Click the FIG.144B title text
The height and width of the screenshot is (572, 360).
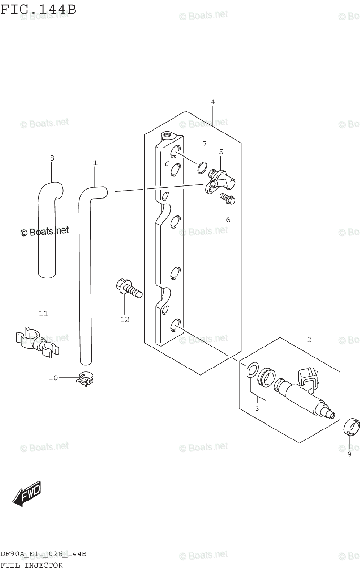(x=38, y=10)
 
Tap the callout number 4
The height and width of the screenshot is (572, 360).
(x=213, y=102)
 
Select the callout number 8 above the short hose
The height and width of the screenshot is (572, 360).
(x=52, y=158)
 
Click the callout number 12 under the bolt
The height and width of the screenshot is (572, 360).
(x=124, y=319)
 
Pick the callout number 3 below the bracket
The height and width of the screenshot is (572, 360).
(x=257, y=409)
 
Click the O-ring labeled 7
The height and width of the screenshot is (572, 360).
(x=202, y=167)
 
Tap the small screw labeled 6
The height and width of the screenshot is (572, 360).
(x=227, y=199)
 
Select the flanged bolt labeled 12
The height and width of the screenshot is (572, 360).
(x=129, y=288)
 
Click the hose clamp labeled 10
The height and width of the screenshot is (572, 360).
(x=85, y=379)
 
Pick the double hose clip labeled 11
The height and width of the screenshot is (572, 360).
(x=37, y=342)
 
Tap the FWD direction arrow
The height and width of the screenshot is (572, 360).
(x=27, y=494)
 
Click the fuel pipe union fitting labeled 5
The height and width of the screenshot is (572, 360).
(x=220, y=182)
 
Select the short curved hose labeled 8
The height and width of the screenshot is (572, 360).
(x=49, y=230)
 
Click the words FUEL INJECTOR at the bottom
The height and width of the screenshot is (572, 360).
(x=31, y=565)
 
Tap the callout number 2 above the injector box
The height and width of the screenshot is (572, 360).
(x=309, y=340)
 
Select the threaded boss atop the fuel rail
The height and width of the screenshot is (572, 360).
(x=168, y=135)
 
